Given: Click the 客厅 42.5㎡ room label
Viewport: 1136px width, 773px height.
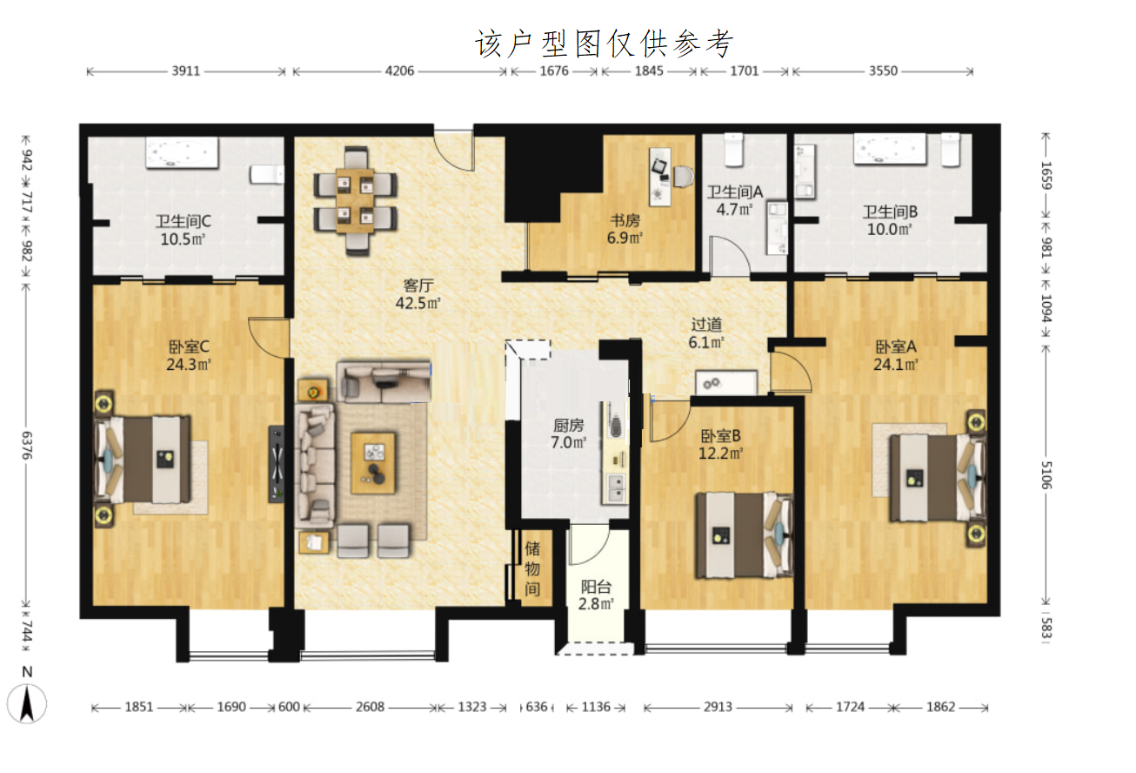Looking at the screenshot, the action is tap(418, 294).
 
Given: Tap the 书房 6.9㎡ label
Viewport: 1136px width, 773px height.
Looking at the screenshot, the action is tap(625, 229).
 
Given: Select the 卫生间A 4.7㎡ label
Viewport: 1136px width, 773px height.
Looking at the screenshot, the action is tap(735, 200).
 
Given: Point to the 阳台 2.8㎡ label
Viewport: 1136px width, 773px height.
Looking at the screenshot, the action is tap(596, 595).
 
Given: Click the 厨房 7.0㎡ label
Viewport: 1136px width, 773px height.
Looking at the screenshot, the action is tap(569, 434).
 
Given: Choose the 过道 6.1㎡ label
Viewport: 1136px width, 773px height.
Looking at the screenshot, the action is tap(706, 333).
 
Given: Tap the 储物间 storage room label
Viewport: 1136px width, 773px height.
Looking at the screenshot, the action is tap(532, 568).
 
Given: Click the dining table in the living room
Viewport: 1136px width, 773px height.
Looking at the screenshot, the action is tap(355, 201).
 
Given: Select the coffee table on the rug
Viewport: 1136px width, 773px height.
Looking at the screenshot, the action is tap(373, 463).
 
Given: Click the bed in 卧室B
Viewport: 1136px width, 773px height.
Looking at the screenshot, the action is tap(744, 535).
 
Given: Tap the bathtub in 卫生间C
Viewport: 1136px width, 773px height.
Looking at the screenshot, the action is tap(182, 152).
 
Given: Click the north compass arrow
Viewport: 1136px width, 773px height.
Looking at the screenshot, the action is tap(27, 703).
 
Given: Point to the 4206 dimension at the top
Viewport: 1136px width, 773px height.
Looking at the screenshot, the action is tap(399, 71).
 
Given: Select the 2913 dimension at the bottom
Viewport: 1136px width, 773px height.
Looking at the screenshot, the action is tap(718, 707).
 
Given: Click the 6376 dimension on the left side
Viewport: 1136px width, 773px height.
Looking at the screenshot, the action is tap(27, 445).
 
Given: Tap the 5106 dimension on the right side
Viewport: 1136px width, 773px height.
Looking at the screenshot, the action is tap(1046, 475).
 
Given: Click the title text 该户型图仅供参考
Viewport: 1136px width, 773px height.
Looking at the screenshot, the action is tap(604, 44).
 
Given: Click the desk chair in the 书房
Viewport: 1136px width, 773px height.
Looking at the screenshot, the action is tap(683, 177).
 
